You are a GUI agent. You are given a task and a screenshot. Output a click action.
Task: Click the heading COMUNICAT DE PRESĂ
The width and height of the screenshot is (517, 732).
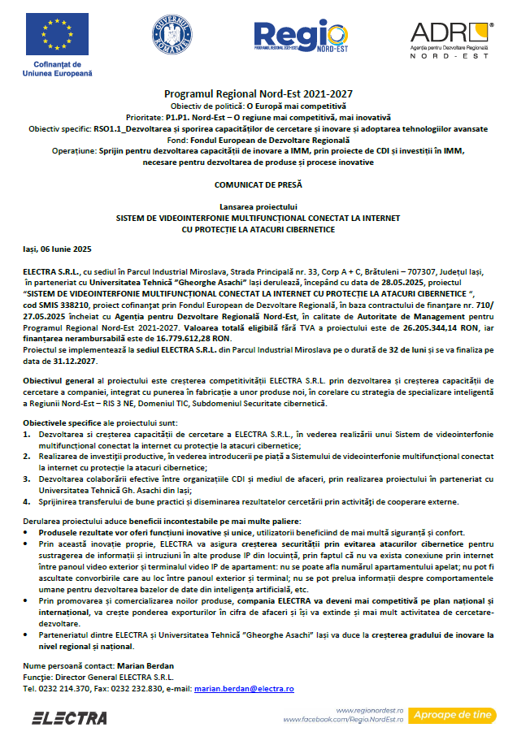coord(258,184)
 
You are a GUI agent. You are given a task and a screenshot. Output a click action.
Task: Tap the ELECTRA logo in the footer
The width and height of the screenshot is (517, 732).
coord(69,717)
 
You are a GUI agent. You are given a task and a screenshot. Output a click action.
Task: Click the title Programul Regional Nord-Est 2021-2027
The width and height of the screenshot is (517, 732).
coord(258,93)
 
